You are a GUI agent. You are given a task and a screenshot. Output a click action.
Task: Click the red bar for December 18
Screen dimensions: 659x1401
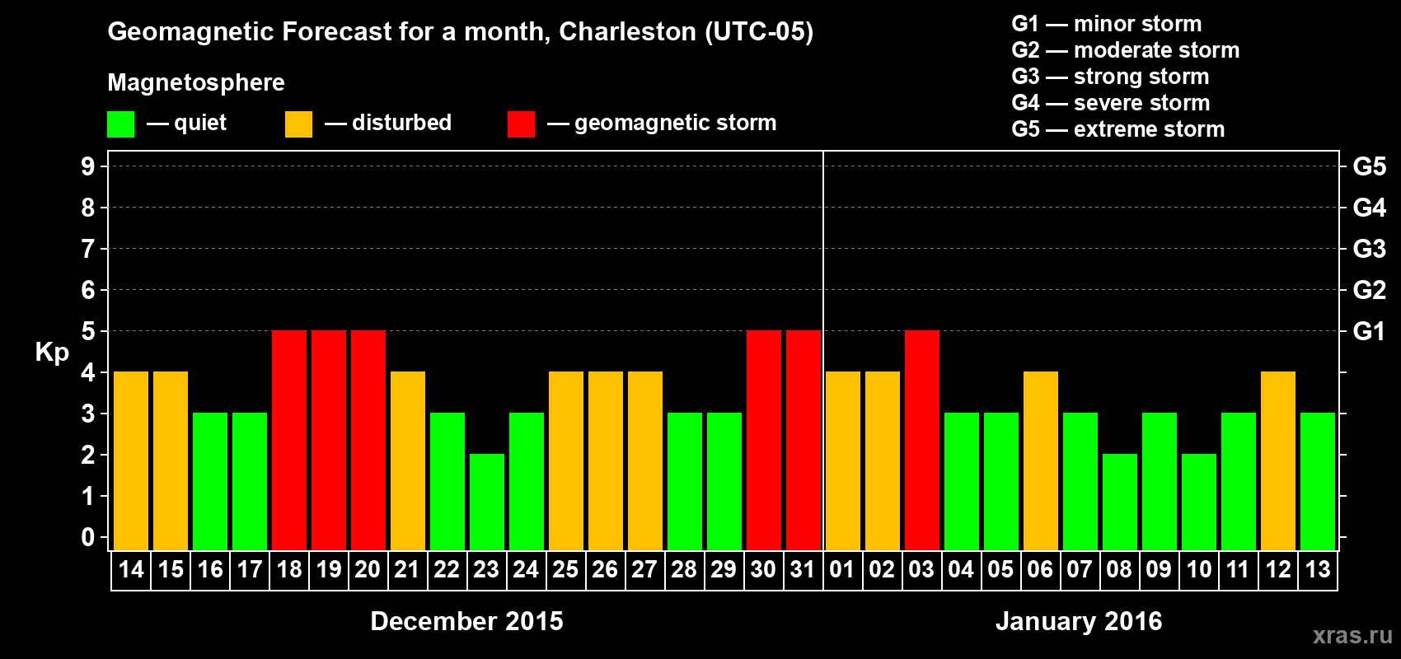tap(289, 440)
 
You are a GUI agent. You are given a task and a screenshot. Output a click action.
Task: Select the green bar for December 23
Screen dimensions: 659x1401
tap(487, 502)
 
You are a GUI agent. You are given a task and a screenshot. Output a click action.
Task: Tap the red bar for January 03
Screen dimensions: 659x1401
tap(922, 440)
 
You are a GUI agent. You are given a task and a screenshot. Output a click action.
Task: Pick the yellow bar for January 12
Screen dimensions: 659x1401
tap(1278, 460)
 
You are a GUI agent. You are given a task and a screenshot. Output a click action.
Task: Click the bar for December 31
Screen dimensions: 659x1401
tap(804, 440)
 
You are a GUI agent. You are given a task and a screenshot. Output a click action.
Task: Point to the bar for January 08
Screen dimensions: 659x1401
tap(1120, 502)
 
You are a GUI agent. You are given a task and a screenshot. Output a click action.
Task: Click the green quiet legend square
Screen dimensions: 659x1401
tap(121, 124)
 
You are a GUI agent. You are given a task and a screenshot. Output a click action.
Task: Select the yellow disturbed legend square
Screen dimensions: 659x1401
tap(298, 124)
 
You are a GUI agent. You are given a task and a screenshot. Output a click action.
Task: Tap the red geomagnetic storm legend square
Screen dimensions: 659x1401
tap(521, 124)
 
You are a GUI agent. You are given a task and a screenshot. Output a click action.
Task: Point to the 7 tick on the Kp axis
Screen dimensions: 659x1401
tap(88, 249)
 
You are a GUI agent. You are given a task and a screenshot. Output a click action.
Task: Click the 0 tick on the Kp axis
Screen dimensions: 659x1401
tap(88, 537)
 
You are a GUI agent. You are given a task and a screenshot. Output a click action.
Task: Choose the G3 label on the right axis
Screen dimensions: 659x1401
tap(1369, 249)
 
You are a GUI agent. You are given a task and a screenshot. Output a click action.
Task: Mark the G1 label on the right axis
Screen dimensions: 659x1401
tap(1369, 331)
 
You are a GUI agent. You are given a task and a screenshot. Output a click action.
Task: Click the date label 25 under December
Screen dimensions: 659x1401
tap(565, 569)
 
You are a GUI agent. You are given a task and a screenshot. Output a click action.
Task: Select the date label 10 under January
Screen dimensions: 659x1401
tap(1198, 569)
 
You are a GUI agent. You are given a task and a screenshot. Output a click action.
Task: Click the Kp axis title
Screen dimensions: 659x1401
tap(52, 353)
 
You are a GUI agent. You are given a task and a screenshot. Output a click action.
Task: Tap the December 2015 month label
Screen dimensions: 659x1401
tap(466, 621)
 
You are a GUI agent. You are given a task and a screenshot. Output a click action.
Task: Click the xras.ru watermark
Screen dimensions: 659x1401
tap(1352, 635)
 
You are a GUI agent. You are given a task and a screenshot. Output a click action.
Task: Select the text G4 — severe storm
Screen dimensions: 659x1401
tap(1111, 103)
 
